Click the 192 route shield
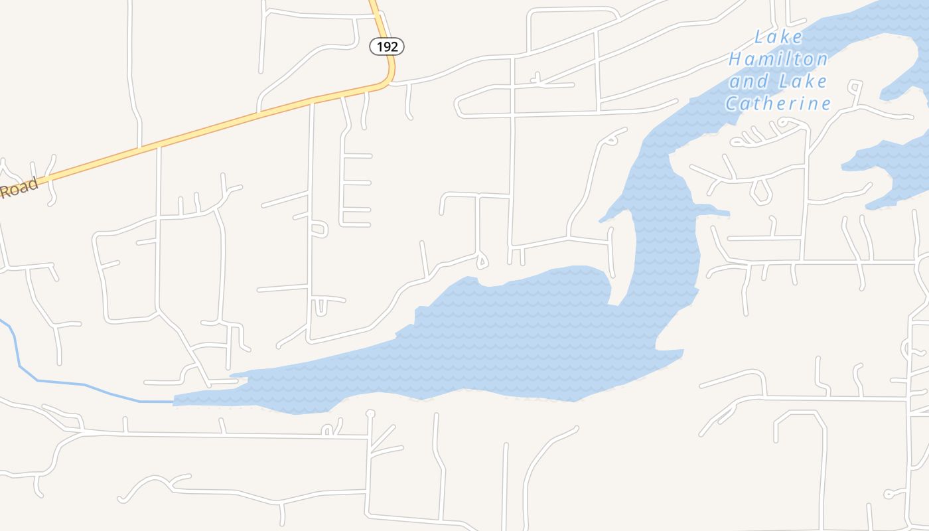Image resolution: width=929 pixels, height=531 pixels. (387, 46)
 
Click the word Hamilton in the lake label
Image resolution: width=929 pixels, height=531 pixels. (778, 59)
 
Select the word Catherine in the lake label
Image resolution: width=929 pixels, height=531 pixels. (778, 104)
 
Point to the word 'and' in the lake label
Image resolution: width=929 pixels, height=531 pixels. (749, 82)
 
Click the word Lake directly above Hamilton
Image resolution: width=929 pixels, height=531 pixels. (778, 37)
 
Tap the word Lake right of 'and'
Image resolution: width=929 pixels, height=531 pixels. (803, 82)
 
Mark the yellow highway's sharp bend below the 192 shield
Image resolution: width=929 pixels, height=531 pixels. (390, 79)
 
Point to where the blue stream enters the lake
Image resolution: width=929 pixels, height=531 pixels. (174, 402)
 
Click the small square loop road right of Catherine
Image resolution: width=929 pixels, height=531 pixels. (855, 86)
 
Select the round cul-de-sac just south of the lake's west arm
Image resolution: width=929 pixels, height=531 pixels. (370, 414)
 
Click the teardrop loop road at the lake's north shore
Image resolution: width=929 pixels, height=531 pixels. (482, 261)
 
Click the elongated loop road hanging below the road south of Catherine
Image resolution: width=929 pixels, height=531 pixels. (760, 191)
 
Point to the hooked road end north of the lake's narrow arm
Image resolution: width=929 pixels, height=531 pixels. (614, 137)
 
